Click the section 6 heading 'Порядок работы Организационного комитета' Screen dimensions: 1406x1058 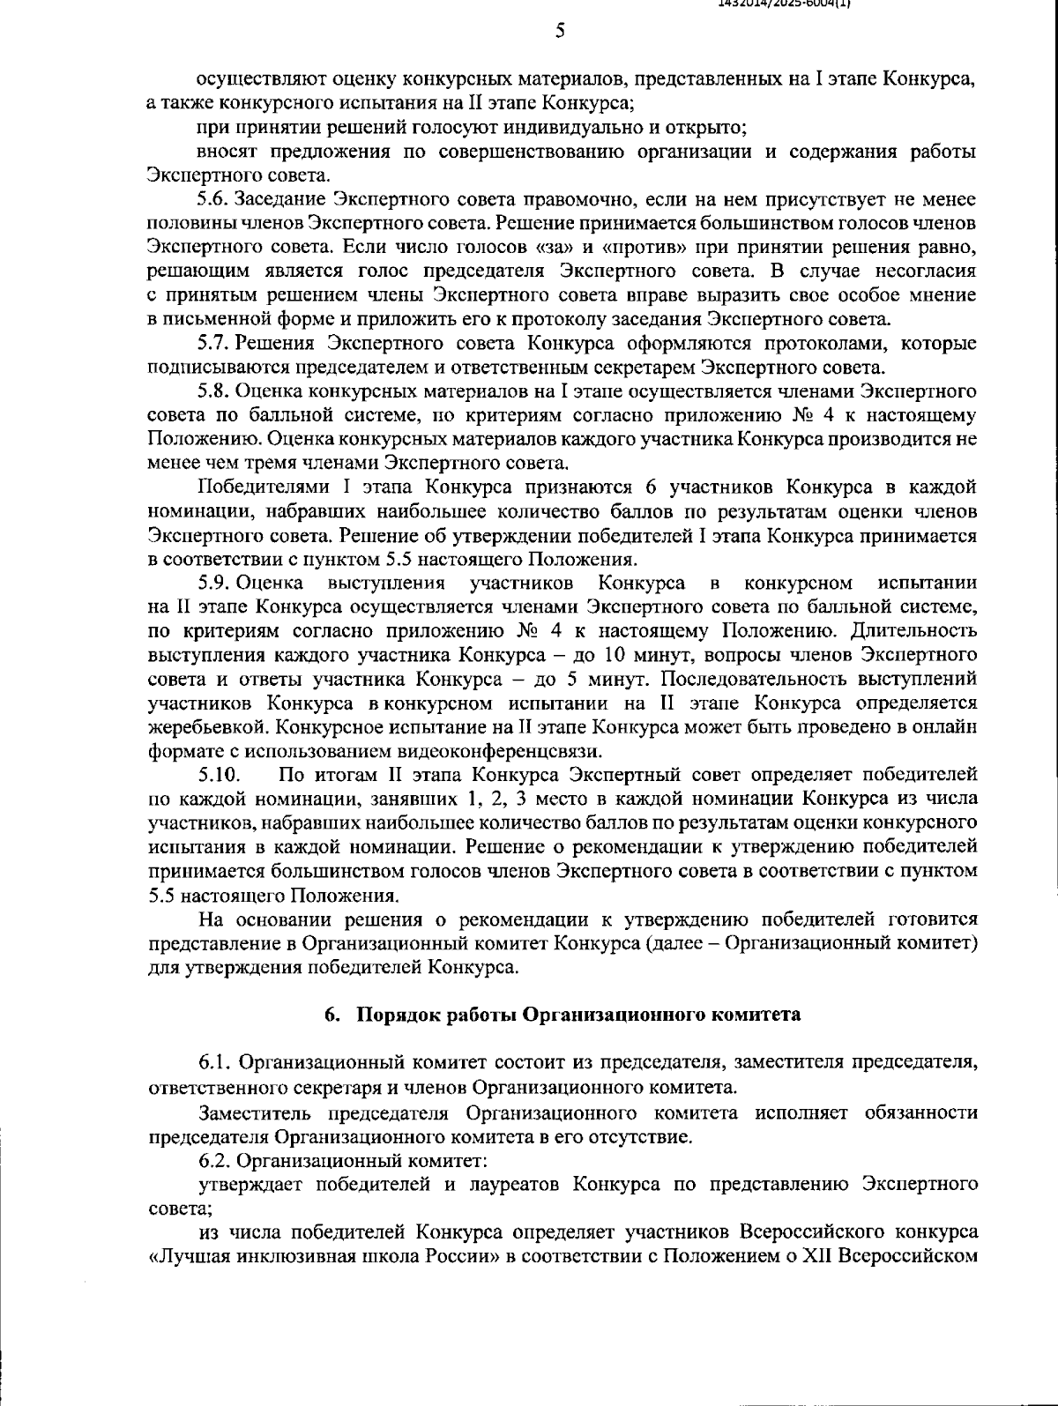click(577, 1014)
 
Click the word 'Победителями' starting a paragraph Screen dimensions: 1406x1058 click(252, 487)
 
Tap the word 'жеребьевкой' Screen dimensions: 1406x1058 click(198, 727)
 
